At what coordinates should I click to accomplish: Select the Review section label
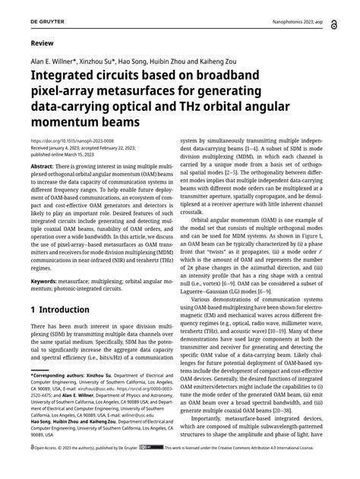coord(43,44)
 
